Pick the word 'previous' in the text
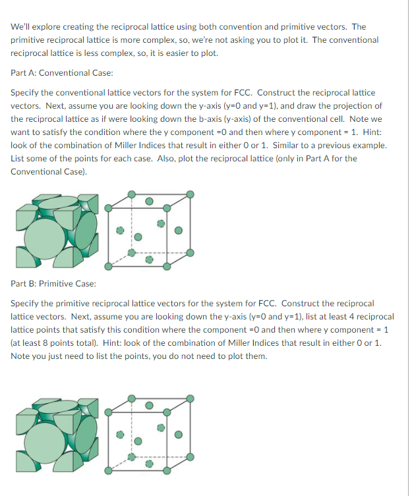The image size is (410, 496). pyautogui.click(x=329, y=145)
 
